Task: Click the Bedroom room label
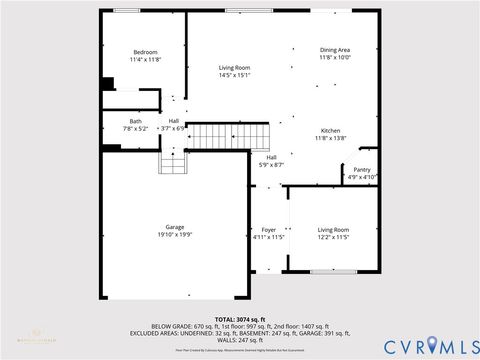(145, 51)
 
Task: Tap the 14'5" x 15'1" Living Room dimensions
(234, 75)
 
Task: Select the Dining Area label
(334, 50)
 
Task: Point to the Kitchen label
(331, 131)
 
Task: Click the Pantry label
(362, 170)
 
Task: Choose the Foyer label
(269, 229)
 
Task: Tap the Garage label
(174, 227)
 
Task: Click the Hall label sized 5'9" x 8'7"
(271, 157)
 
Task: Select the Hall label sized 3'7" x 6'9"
(174, 121)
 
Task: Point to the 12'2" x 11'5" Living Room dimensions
(334, 236)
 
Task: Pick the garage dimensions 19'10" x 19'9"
(174, 235)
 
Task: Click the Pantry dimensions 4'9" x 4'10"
(362, 177)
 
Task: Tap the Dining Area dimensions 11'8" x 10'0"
(334, 57)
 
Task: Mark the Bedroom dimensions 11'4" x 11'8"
(145, 59)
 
